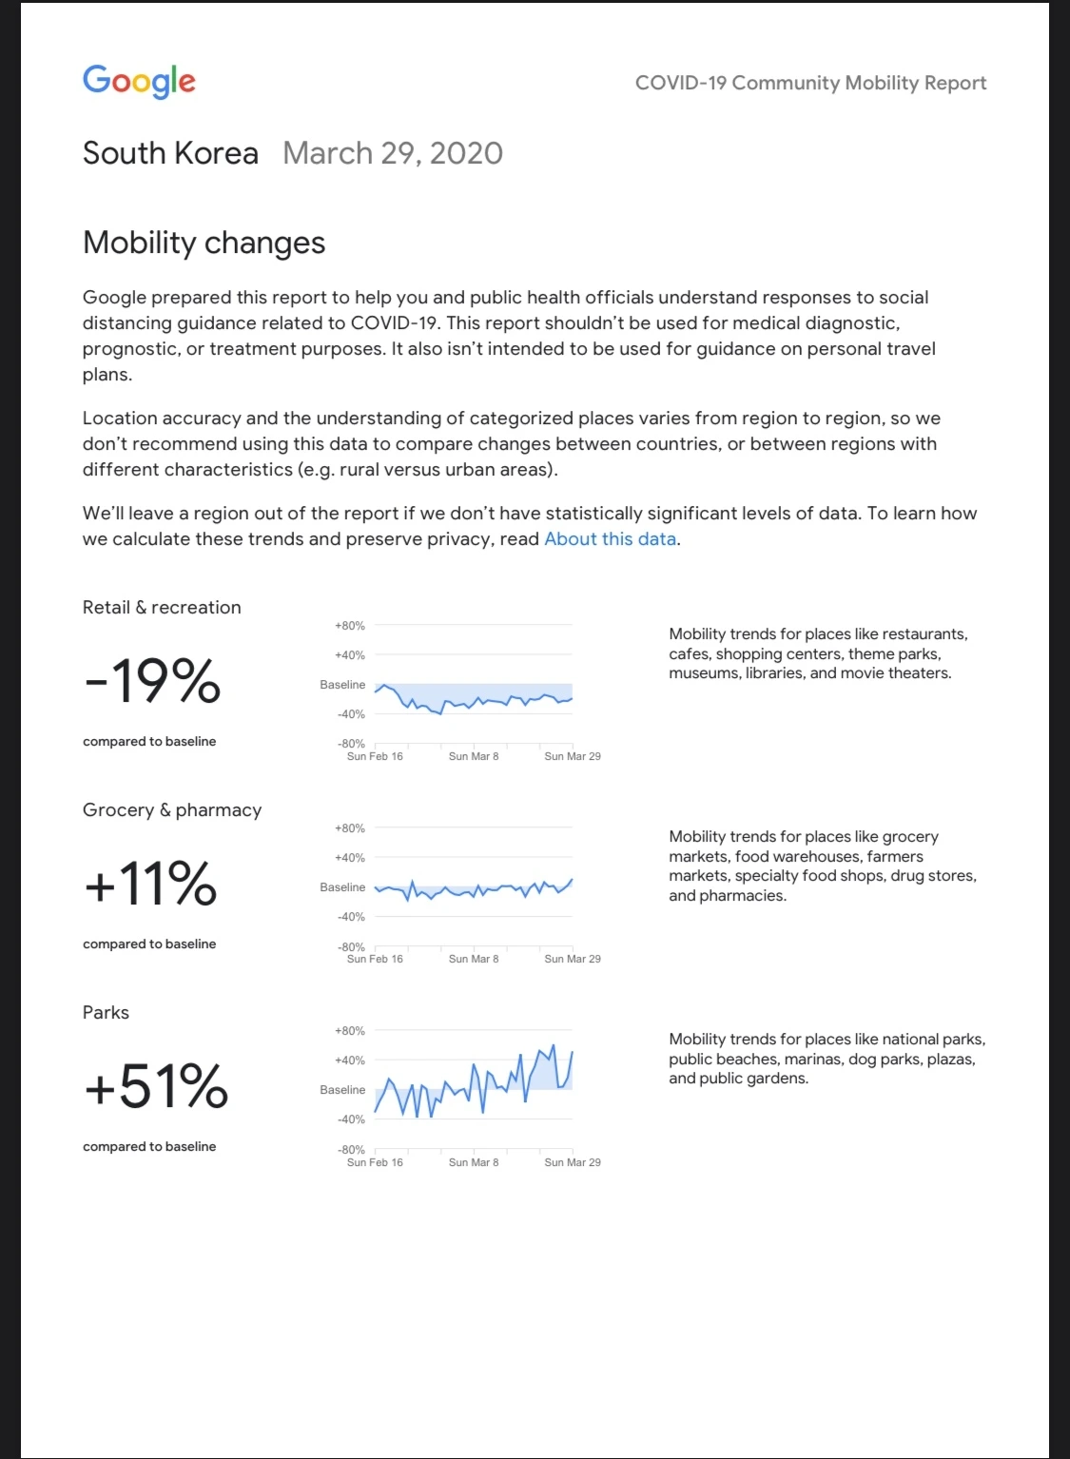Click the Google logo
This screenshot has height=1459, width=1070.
[x=139, y=81]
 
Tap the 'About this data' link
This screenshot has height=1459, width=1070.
[x=610, y=539]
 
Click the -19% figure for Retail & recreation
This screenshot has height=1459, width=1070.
[x=152, y=681]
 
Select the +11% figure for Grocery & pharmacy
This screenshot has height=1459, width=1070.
[x=150, y=884]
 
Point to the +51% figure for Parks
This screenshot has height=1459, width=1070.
[x=156, y=1086]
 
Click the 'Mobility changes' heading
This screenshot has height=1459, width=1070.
[x=204, y=243]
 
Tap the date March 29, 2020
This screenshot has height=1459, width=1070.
[x=392, y=153]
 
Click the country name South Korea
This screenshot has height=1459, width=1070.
[x=170, y=153]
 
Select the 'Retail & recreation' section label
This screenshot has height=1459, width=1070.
[x=162, y=608]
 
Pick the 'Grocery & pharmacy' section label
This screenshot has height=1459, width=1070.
[x=172, y=810]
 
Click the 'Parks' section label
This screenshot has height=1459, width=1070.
[x=106, y=1013]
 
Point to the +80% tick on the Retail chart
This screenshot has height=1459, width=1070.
[x=349, y=626]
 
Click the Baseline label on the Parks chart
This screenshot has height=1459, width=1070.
[x=342, y=1090]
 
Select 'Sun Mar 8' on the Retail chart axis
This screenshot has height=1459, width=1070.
[x=474, y=757]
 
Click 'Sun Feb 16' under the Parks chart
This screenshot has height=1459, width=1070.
[x=375, y=1162]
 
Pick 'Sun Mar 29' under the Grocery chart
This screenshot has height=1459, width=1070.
[x=573, y=960]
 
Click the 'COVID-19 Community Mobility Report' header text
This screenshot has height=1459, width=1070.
[x=810, y=83]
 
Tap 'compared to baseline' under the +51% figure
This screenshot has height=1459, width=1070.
[x=149, y=1147]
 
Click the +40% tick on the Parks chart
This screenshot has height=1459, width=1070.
[x=349, y=1060]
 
